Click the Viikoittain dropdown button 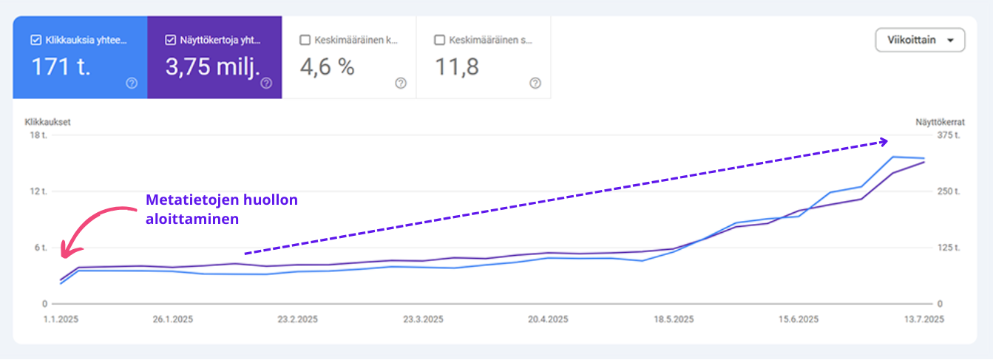click(920, 40)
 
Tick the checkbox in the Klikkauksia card click(35, 40)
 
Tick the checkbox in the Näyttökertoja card click(170, 40)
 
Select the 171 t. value click(61, 67)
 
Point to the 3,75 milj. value click(212, 67)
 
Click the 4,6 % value click(327, 67)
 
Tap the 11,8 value click(457, 67)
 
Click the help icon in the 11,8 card click(535, 83)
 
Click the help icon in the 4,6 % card click(401, 83)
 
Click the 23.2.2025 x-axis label click(297, 319)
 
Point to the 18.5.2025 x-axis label click(674, 319)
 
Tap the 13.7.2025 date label click(924, 319)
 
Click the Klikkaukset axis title click(47, 122)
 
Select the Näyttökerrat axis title click(940, 122)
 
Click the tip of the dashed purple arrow click(887, 140)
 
